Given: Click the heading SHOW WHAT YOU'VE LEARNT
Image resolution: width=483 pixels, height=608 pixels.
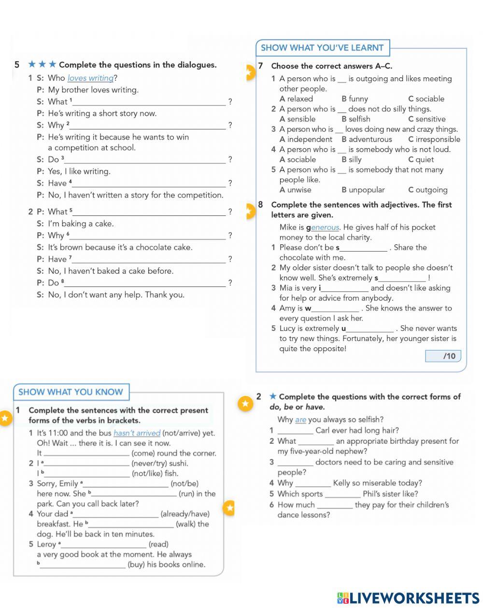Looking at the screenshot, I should tap(322, 48).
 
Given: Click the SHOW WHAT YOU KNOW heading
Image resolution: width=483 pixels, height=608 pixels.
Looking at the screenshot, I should tap(71, 392).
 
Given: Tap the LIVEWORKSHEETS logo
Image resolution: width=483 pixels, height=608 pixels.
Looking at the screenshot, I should tap(408, 598).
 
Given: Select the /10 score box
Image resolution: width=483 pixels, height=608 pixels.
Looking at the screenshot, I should tap(443, 356).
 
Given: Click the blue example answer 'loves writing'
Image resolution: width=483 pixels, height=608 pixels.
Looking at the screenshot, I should tap(90, 78).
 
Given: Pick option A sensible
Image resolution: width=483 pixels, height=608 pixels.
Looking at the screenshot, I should tap(298, 119).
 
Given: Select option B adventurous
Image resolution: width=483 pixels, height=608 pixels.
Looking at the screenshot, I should tap(367, 140).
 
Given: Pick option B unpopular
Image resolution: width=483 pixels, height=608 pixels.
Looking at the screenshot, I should tap(363, 190).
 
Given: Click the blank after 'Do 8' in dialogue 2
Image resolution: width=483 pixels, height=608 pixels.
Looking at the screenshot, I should tap(145, 283).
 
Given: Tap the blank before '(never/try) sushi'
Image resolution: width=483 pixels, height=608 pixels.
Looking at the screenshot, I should tap(87, 464).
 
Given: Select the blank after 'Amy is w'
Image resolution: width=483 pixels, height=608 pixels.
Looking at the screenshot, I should tap(335, 309).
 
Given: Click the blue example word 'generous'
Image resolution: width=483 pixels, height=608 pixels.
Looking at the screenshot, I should tap(325, 227).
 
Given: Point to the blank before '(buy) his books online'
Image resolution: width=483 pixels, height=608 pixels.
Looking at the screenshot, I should tap(83, 565).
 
